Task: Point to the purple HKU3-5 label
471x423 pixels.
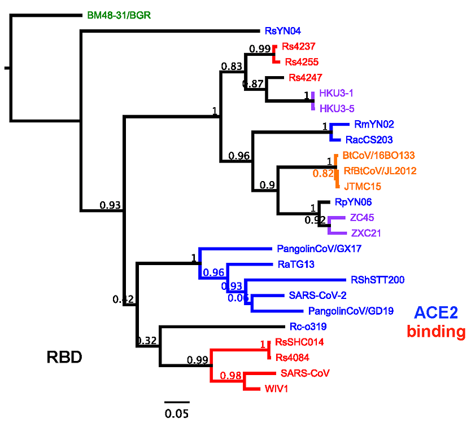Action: pos(337,108)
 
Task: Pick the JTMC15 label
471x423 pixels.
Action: pos(360,185)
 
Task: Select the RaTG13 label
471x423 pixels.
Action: pos(295,263)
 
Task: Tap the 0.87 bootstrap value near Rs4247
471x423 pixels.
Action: pos(252,85)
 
